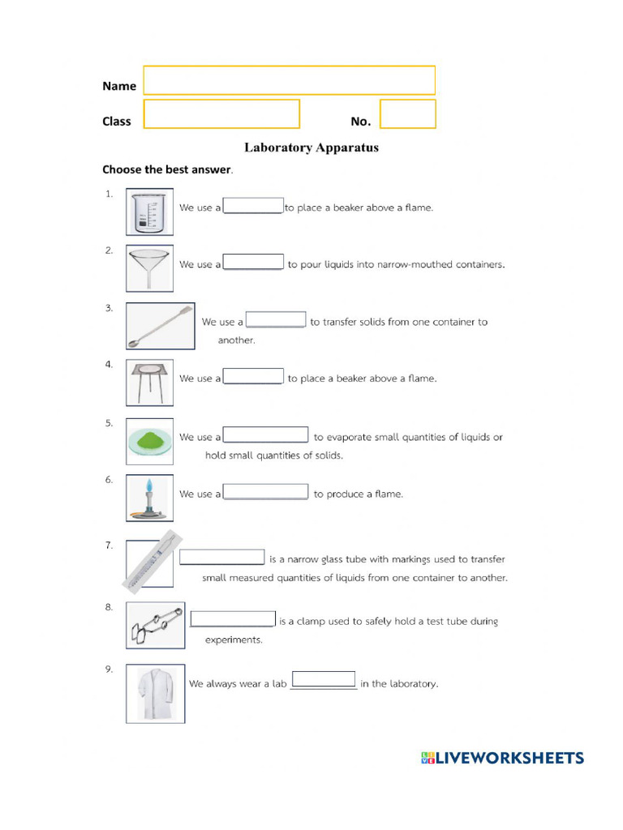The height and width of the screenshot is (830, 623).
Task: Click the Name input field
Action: tap(290, 80)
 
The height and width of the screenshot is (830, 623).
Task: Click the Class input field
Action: tap(221, 114)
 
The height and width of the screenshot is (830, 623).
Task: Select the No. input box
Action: tap(407, 114)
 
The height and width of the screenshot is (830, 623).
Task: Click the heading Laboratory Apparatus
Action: tap(311, 148)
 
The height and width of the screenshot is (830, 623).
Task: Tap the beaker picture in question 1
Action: tap(149, 212)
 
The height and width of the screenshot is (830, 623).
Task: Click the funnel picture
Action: tap(149, 268)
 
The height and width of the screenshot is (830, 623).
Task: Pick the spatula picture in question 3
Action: tap(161, 326)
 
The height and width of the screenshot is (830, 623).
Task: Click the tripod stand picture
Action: tap(149, 383)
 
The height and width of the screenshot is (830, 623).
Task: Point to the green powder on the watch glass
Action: tap(150, 440)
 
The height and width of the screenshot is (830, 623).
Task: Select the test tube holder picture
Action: tap(156, 624)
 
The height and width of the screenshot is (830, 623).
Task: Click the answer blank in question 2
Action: tap(253, 263)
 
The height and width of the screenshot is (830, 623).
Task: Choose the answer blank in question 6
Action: tap(265, 492)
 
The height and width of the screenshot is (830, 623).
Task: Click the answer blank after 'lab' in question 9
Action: tap(323, 680)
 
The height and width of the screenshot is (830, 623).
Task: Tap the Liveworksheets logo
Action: tap(502, 759)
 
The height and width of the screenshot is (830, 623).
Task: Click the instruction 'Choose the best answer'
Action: tap(166, 169)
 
